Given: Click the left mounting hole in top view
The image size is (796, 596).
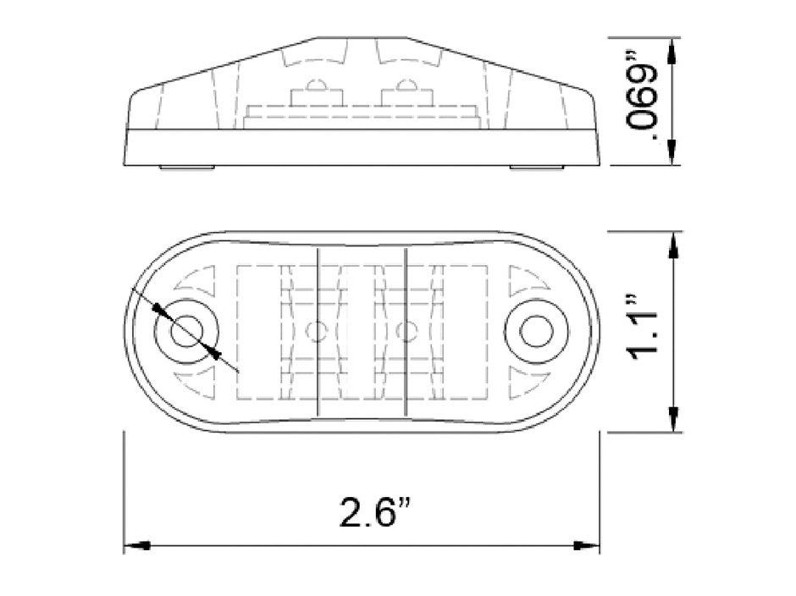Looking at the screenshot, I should tap(186, 331).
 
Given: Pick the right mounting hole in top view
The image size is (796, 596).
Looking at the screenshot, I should tap(536, 331).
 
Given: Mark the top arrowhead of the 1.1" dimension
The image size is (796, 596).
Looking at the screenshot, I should tap(673, 244).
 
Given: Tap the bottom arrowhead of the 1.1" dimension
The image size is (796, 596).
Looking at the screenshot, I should tap(673, 420).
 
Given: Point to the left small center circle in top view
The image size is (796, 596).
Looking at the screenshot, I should tap(317, 330).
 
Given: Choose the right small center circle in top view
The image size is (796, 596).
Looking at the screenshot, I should tap(406, 330).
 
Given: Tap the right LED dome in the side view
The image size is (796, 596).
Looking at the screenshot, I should tap(401, 86).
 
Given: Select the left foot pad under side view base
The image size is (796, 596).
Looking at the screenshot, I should tap(186, 168).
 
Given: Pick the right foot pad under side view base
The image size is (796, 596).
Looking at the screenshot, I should tap(536, 168).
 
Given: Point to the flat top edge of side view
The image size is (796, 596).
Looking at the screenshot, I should tap(362, 38).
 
